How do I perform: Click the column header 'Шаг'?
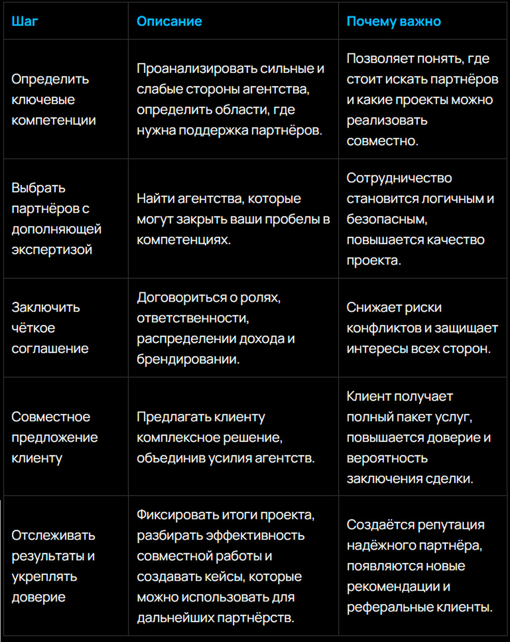click(24, 21)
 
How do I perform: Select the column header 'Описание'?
click(169, 21)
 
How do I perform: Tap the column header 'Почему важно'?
click(394, 21)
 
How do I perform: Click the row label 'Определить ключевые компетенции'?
click(53, 100)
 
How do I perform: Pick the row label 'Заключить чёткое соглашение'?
click(49, 328)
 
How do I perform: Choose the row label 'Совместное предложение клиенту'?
click(55, 437)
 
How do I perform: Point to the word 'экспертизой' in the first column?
click(52, 250)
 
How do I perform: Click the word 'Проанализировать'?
click(196, 69)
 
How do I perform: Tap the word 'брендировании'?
click(188, 359)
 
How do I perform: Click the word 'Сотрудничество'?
click(399, 178)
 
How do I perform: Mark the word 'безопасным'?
click(386, 219)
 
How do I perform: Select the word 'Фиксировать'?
click(177, 515)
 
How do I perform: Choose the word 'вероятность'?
click(387, 458)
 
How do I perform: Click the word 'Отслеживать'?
click(54, 536)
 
